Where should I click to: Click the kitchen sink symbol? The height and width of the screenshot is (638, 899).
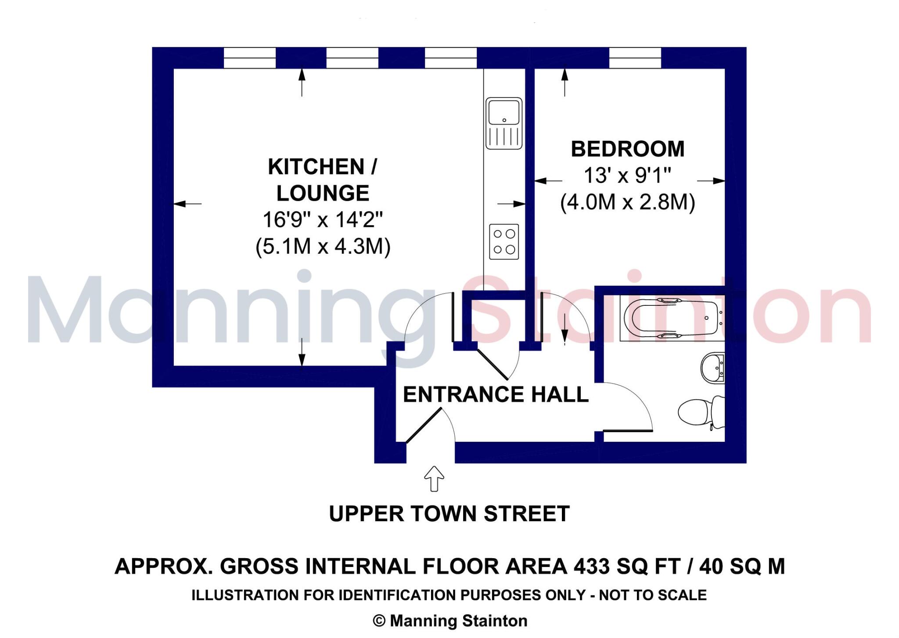pos(504,123)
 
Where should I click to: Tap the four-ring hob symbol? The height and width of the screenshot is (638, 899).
pos(504,241)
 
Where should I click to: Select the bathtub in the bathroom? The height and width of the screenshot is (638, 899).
pos(672,318)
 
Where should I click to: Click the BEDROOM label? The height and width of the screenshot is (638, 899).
pos(627,149)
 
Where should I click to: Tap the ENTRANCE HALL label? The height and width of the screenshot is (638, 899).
pos(496,394)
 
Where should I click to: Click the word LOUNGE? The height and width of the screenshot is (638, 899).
pos(323,193)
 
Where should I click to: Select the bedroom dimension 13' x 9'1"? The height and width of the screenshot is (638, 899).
pos(627,176)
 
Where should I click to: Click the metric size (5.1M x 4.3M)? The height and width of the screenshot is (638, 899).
pos(323,246)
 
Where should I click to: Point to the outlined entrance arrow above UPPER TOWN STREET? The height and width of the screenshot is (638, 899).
pos(434,478)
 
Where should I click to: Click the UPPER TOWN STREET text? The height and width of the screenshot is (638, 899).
pos(449,513)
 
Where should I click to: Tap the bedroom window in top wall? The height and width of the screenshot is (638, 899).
pos(635,58)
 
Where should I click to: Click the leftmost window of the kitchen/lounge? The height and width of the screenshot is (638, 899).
pos(249,58)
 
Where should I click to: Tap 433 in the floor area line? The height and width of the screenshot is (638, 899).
pos(592,566)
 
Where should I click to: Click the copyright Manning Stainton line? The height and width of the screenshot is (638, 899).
pos(450,620)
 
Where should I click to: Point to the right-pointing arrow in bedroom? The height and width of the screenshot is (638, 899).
pos(711,181)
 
